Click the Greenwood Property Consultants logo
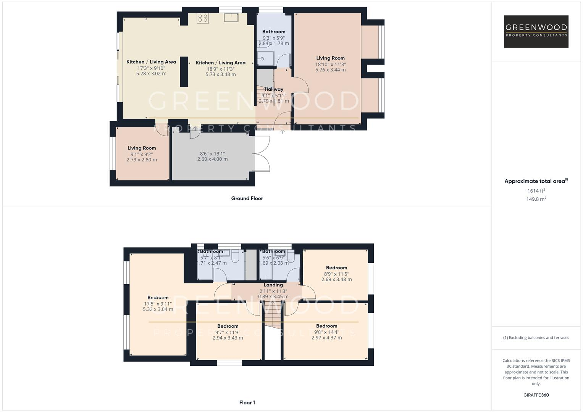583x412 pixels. tap(536, 31)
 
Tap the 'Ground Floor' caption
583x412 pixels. tap(247, 198)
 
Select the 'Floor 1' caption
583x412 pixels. tap(247, 402)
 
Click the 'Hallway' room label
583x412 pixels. tap(274, 89)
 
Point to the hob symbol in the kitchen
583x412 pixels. tap(202, 18)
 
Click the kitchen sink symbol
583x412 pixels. tap(231, 18)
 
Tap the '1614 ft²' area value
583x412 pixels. tap(536, 191)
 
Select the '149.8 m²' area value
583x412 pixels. tap(536, 199)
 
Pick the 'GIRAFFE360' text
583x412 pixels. tap(536, 395)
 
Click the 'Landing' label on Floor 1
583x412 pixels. tap(273, 285)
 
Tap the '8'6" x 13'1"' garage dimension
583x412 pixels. tap(213, 154)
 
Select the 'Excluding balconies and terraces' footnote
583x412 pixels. tap(536, 338)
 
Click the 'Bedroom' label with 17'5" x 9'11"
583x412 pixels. tap(158, 298)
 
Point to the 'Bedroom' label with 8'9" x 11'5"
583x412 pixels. tap(336, 268)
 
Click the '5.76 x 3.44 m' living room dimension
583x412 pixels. tap(330, 70)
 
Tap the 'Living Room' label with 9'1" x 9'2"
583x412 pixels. tap(142, 148)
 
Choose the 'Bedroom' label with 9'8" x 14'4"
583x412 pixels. tap(326, 326)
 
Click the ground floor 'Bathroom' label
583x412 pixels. tap(274, 32)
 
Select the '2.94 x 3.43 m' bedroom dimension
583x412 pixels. tap(228, 338)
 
